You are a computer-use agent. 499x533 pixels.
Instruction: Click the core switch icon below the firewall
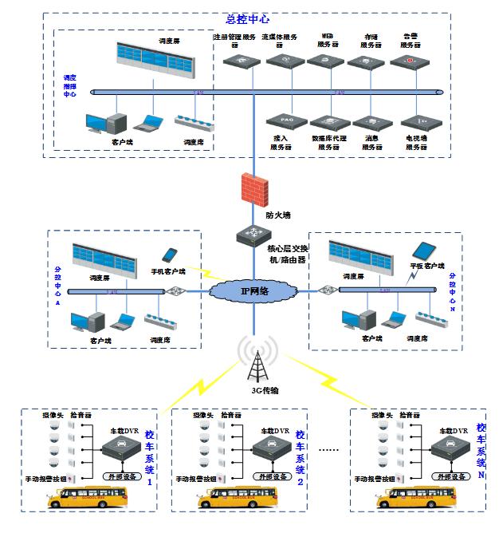coord(253,234)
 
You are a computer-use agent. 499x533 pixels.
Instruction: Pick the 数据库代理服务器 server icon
coord(325,121)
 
